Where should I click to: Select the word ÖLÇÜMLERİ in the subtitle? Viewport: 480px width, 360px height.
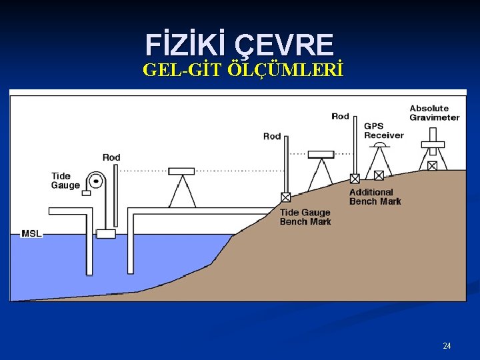pos(286,70)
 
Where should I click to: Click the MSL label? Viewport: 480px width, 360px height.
pos(32,233)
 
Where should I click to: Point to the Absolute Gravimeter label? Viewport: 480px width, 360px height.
pos(434,113)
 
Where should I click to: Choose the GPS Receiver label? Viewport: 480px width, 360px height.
pos(383,131)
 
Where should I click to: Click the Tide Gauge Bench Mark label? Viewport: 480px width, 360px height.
pos(305,217)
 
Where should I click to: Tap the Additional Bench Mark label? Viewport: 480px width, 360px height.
pos(375,197)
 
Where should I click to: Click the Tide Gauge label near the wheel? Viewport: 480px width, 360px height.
pos(65,181)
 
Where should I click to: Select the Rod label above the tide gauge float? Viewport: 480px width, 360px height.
pos(111,157)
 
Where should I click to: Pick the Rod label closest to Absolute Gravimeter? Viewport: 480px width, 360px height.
pos(340,116)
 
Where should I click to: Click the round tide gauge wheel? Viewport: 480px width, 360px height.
pos(97,180)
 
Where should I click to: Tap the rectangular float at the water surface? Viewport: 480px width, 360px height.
pos(105,233)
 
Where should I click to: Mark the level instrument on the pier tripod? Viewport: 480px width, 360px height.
pos(181,171)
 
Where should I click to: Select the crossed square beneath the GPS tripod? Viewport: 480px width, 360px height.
pos(379,175)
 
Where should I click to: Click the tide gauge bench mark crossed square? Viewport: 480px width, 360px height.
pos(285,197)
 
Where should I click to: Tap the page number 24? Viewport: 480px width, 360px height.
pos(447,345)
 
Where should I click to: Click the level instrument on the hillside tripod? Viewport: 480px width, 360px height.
pos(320,155)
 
